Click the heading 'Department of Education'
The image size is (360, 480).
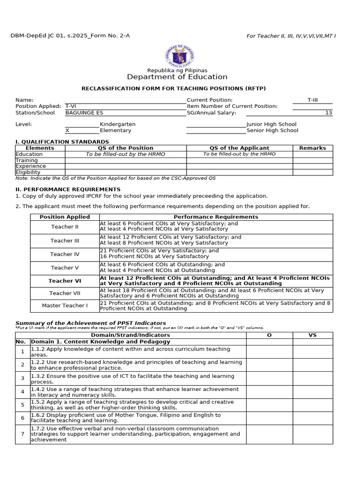click(x=177, y=77)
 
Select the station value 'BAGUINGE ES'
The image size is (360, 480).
click(x=84, y=113)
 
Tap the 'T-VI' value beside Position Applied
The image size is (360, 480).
click(x=71, y=106)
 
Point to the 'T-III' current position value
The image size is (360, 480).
click(x=313, y=100)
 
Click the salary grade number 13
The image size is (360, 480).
click(x=329, y=113)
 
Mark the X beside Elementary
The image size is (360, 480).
click(x=67, y=131)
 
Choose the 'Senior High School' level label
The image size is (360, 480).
click(x=272, y=131)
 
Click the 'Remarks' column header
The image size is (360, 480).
click(x=313, y=148)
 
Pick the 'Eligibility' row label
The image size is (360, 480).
click(x=28, y=172)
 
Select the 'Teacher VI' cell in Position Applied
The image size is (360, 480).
click(x=65, y=281)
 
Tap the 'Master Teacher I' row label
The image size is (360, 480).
click(x=65, y=306)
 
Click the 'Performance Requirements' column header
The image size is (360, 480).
click(x=216, y=217)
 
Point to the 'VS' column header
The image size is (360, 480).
click(x=313, y=335)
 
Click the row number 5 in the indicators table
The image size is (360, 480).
click(x=22, y=405)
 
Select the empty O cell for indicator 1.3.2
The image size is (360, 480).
click(x=269, y=379)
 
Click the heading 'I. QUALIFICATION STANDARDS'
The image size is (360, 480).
click(x=62, y=142)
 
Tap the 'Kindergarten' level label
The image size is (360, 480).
click(x=118, y=124)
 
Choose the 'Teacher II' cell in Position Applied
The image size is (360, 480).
click(x=65, y=227)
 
